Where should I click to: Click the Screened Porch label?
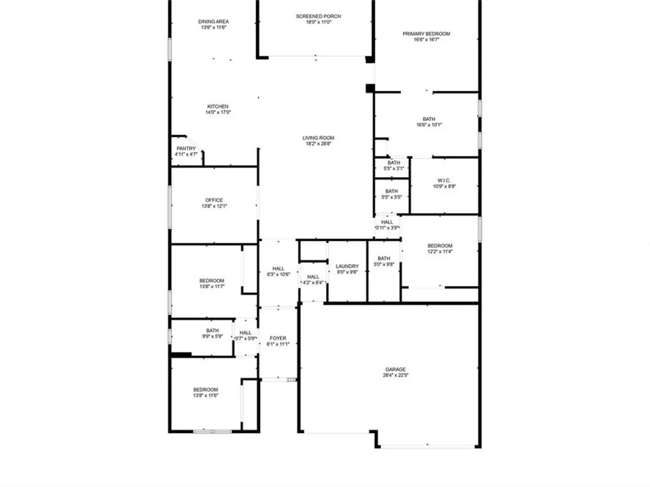318,16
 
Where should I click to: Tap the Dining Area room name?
213,21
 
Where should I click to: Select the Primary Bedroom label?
426,34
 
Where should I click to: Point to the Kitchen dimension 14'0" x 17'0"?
218,112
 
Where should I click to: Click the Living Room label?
318,138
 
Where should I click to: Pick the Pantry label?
186,149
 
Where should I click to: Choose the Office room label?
214,200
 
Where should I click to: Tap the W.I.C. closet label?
444,181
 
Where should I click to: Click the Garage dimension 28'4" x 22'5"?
395,375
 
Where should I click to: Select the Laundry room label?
347,266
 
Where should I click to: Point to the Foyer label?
278,338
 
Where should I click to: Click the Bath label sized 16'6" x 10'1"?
429,119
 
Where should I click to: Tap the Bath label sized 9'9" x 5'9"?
213,331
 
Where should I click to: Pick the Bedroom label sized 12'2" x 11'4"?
440,246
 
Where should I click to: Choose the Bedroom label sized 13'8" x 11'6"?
205,390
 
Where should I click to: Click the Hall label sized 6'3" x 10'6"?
279,269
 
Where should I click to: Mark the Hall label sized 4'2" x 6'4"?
313,277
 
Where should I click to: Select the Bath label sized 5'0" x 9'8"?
384,258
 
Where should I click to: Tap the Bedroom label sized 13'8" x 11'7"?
212,281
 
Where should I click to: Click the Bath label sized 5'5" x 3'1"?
394,163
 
